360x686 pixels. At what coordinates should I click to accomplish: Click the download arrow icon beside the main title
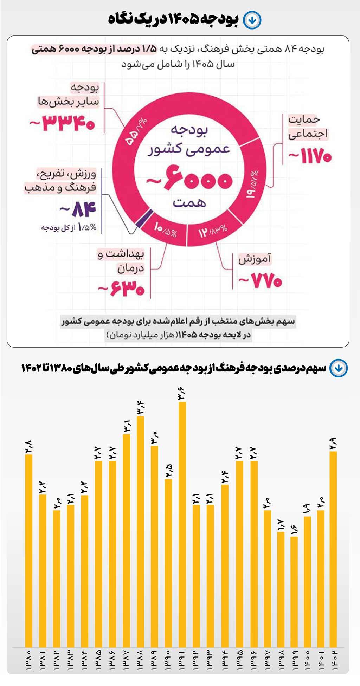[252, 20]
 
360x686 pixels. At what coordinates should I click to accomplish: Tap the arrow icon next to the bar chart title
[339, 368]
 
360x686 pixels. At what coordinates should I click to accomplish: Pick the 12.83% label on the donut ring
[213, 231]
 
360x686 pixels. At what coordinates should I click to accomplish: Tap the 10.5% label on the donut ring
[165, 230]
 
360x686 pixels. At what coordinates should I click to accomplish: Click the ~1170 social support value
[310, 156]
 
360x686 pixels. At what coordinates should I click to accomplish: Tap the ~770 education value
[261, 281]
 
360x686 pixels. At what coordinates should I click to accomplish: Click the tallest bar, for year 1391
[182, 524]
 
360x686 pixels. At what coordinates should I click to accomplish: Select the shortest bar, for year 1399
[294, 590]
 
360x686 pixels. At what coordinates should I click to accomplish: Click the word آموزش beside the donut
[255, 259]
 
